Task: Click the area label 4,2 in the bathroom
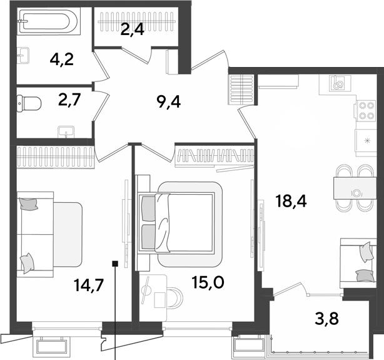tap(61, 59)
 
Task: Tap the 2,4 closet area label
tap(132, 31)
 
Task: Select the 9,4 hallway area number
tap(169, 102)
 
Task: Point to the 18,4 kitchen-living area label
tap(291, 202)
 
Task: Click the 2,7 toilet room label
tap(69, 100)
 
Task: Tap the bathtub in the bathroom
tap(49, 21)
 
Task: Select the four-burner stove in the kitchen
tap(365, 110)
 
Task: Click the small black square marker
tap(115, 264)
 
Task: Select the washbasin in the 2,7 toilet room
tap(66, 131)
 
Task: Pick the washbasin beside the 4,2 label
tap(23, 56)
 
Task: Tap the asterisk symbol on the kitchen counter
tap(367, 140)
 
